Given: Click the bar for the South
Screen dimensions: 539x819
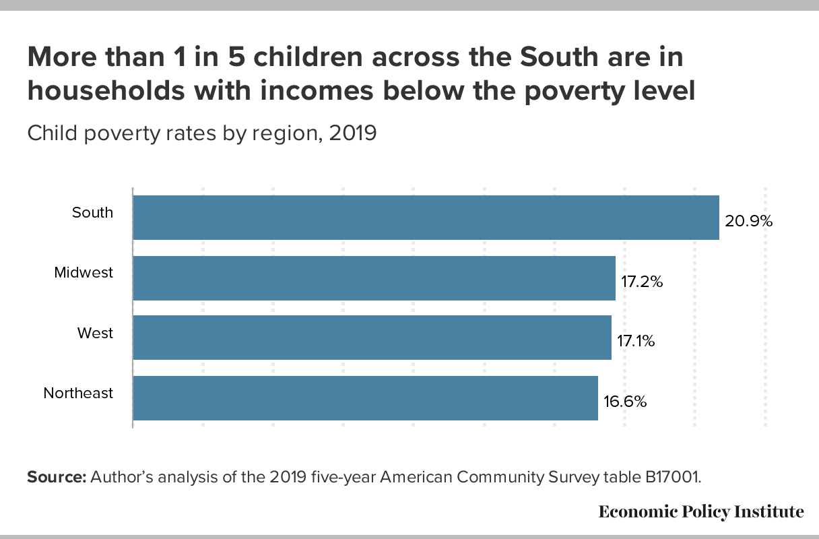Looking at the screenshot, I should coord(426,218).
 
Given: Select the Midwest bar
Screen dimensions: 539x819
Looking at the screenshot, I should coord(374,278).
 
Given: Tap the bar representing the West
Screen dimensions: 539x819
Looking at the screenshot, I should coord(372,338).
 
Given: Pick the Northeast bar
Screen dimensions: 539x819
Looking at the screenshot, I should coord(365,398).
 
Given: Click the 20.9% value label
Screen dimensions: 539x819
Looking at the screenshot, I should coord(748,222).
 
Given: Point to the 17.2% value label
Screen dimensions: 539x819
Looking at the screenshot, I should coord(642,282).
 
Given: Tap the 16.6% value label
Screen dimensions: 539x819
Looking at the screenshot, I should coord(624,402).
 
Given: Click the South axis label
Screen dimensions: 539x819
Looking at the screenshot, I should coord(93,213).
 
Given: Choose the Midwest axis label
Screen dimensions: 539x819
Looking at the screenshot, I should coord(84,273).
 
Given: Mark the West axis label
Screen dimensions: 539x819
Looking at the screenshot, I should coord(95,334).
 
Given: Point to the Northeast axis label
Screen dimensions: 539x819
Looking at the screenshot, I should coord(78,393).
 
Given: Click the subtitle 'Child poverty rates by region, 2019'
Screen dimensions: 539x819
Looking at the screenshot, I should coord(201,133).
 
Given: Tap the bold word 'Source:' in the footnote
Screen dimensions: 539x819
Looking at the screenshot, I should coord(57,477).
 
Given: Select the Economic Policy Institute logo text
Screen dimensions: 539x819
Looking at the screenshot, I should coord(700,512).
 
